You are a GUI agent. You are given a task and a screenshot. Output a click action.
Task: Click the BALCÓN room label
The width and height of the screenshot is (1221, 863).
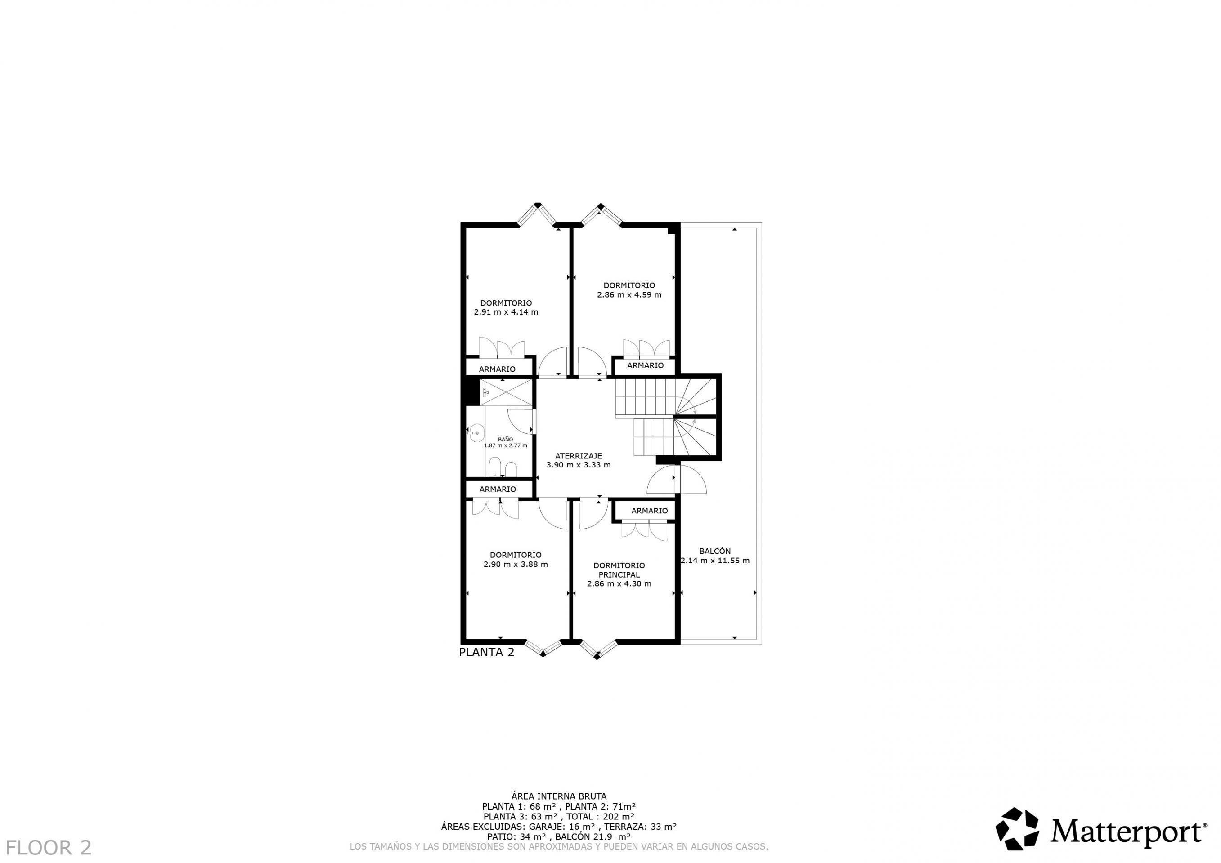[715, 551]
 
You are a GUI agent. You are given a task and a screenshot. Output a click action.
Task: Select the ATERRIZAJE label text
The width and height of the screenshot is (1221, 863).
[579, 455]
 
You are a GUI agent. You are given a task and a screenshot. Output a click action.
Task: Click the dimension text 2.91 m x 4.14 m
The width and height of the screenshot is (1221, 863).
[506, 312]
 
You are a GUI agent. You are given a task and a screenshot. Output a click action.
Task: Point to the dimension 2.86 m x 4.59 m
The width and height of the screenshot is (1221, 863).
[629, 294]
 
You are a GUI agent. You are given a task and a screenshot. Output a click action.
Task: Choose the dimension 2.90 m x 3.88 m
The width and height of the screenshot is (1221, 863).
[515, 565]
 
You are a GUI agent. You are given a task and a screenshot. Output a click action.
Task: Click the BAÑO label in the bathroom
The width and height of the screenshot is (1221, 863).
[505, 440]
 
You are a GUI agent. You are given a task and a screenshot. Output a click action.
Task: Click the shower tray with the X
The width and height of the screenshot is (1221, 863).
[506, 393]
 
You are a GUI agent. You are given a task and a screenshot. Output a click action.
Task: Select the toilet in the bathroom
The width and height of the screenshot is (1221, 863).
[494, 467]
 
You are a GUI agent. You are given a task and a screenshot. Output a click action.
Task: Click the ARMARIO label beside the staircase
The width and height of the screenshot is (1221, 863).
[645, 365]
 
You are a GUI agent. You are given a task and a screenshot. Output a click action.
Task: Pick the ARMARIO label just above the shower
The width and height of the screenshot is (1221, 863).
[497, 369]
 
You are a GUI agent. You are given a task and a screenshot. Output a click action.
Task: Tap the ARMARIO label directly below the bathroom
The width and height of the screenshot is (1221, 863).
[498, 489]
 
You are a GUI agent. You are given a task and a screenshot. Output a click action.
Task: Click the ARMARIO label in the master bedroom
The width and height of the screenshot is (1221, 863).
[649, 511]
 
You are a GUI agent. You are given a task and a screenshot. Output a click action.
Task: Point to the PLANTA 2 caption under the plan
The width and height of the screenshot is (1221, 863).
[487, 652]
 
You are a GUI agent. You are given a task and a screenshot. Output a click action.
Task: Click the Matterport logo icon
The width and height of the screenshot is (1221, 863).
[1017, 829]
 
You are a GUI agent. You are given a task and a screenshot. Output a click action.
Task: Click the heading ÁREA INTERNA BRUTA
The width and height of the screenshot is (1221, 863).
[558, 796]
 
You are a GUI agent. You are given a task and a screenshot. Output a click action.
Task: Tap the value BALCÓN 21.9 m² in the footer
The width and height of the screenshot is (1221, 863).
[593, 836]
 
